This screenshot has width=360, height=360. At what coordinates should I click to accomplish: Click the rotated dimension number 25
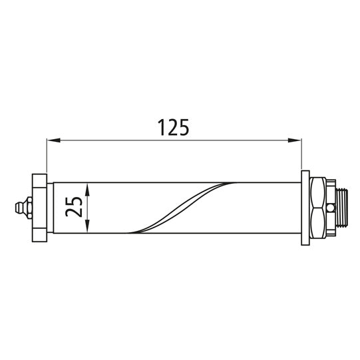click(x=75, y=207)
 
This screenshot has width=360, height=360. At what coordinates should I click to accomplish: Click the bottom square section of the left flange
click(x=38, y=232)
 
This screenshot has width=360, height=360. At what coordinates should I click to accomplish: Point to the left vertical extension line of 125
click(x=47, y=156)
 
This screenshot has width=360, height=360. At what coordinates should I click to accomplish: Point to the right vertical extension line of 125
click(x=301, y=156)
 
